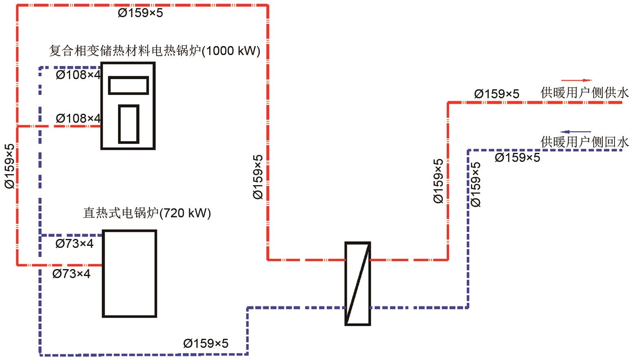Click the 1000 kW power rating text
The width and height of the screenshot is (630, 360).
(x=231, y=51)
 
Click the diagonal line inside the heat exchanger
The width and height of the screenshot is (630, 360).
(x=358, y=284)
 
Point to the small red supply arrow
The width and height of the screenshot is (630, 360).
(x=576, y=80)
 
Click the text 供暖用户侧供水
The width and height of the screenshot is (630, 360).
(x=585, y=93)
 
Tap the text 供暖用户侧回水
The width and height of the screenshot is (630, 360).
(x=585, y=142)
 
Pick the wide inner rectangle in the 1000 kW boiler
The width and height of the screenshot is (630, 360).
(x=128, y=85)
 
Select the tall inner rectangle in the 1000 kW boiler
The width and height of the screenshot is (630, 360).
(x=128, y=124)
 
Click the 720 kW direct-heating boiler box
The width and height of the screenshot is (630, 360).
(x=129, y=274)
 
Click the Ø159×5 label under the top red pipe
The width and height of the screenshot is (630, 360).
(x=140, y=13)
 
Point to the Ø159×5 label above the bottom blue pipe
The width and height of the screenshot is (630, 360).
(x=206, y=343)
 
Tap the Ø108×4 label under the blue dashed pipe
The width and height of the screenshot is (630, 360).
(x=78, y=75)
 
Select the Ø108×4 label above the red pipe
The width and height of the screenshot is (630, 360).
(x=78, y=119)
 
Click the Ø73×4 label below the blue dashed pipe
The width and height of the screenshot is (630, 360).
(x=74, y=244)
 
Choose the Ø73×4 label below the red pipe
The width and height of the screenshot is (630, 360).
(x=71, y=274)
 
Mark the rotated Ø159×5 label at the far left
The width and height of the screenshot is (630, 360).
(x=9, y=166)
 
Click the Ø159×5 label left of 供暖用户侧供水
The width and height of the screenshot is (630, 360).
(x=497, y=94)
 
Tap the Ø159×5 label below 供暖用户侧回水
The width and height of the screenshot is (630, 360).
(x=517, y=158)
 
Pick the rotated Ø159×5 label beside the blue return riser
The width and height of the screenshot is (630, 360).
(x=475, y=184)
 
